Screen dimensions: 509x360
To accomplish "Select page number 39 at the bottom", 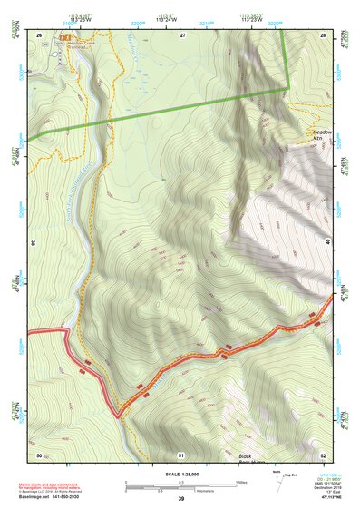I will pos(181,499).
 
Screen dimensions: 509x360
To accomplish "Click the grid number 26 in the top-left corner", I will pos(39,34).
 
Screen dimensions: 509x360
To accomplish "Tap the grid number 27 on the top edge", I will pos(182,34).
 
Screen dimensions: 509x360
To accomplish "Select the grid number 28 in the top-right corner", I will pos(323,34).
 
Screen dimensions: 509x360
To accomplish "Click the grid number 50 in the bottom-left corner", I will pos(39,454).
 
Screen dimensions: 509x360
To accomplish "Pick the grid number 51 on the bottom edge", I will pos(181,454).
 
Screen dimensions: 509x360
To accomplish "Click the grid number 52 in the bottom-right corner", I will pos(323,454).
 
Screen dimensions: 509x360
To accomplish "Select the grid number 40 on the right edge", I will pos(328,243).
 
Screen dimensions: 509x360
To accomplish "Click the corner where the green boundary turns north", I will pos(288,88).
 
